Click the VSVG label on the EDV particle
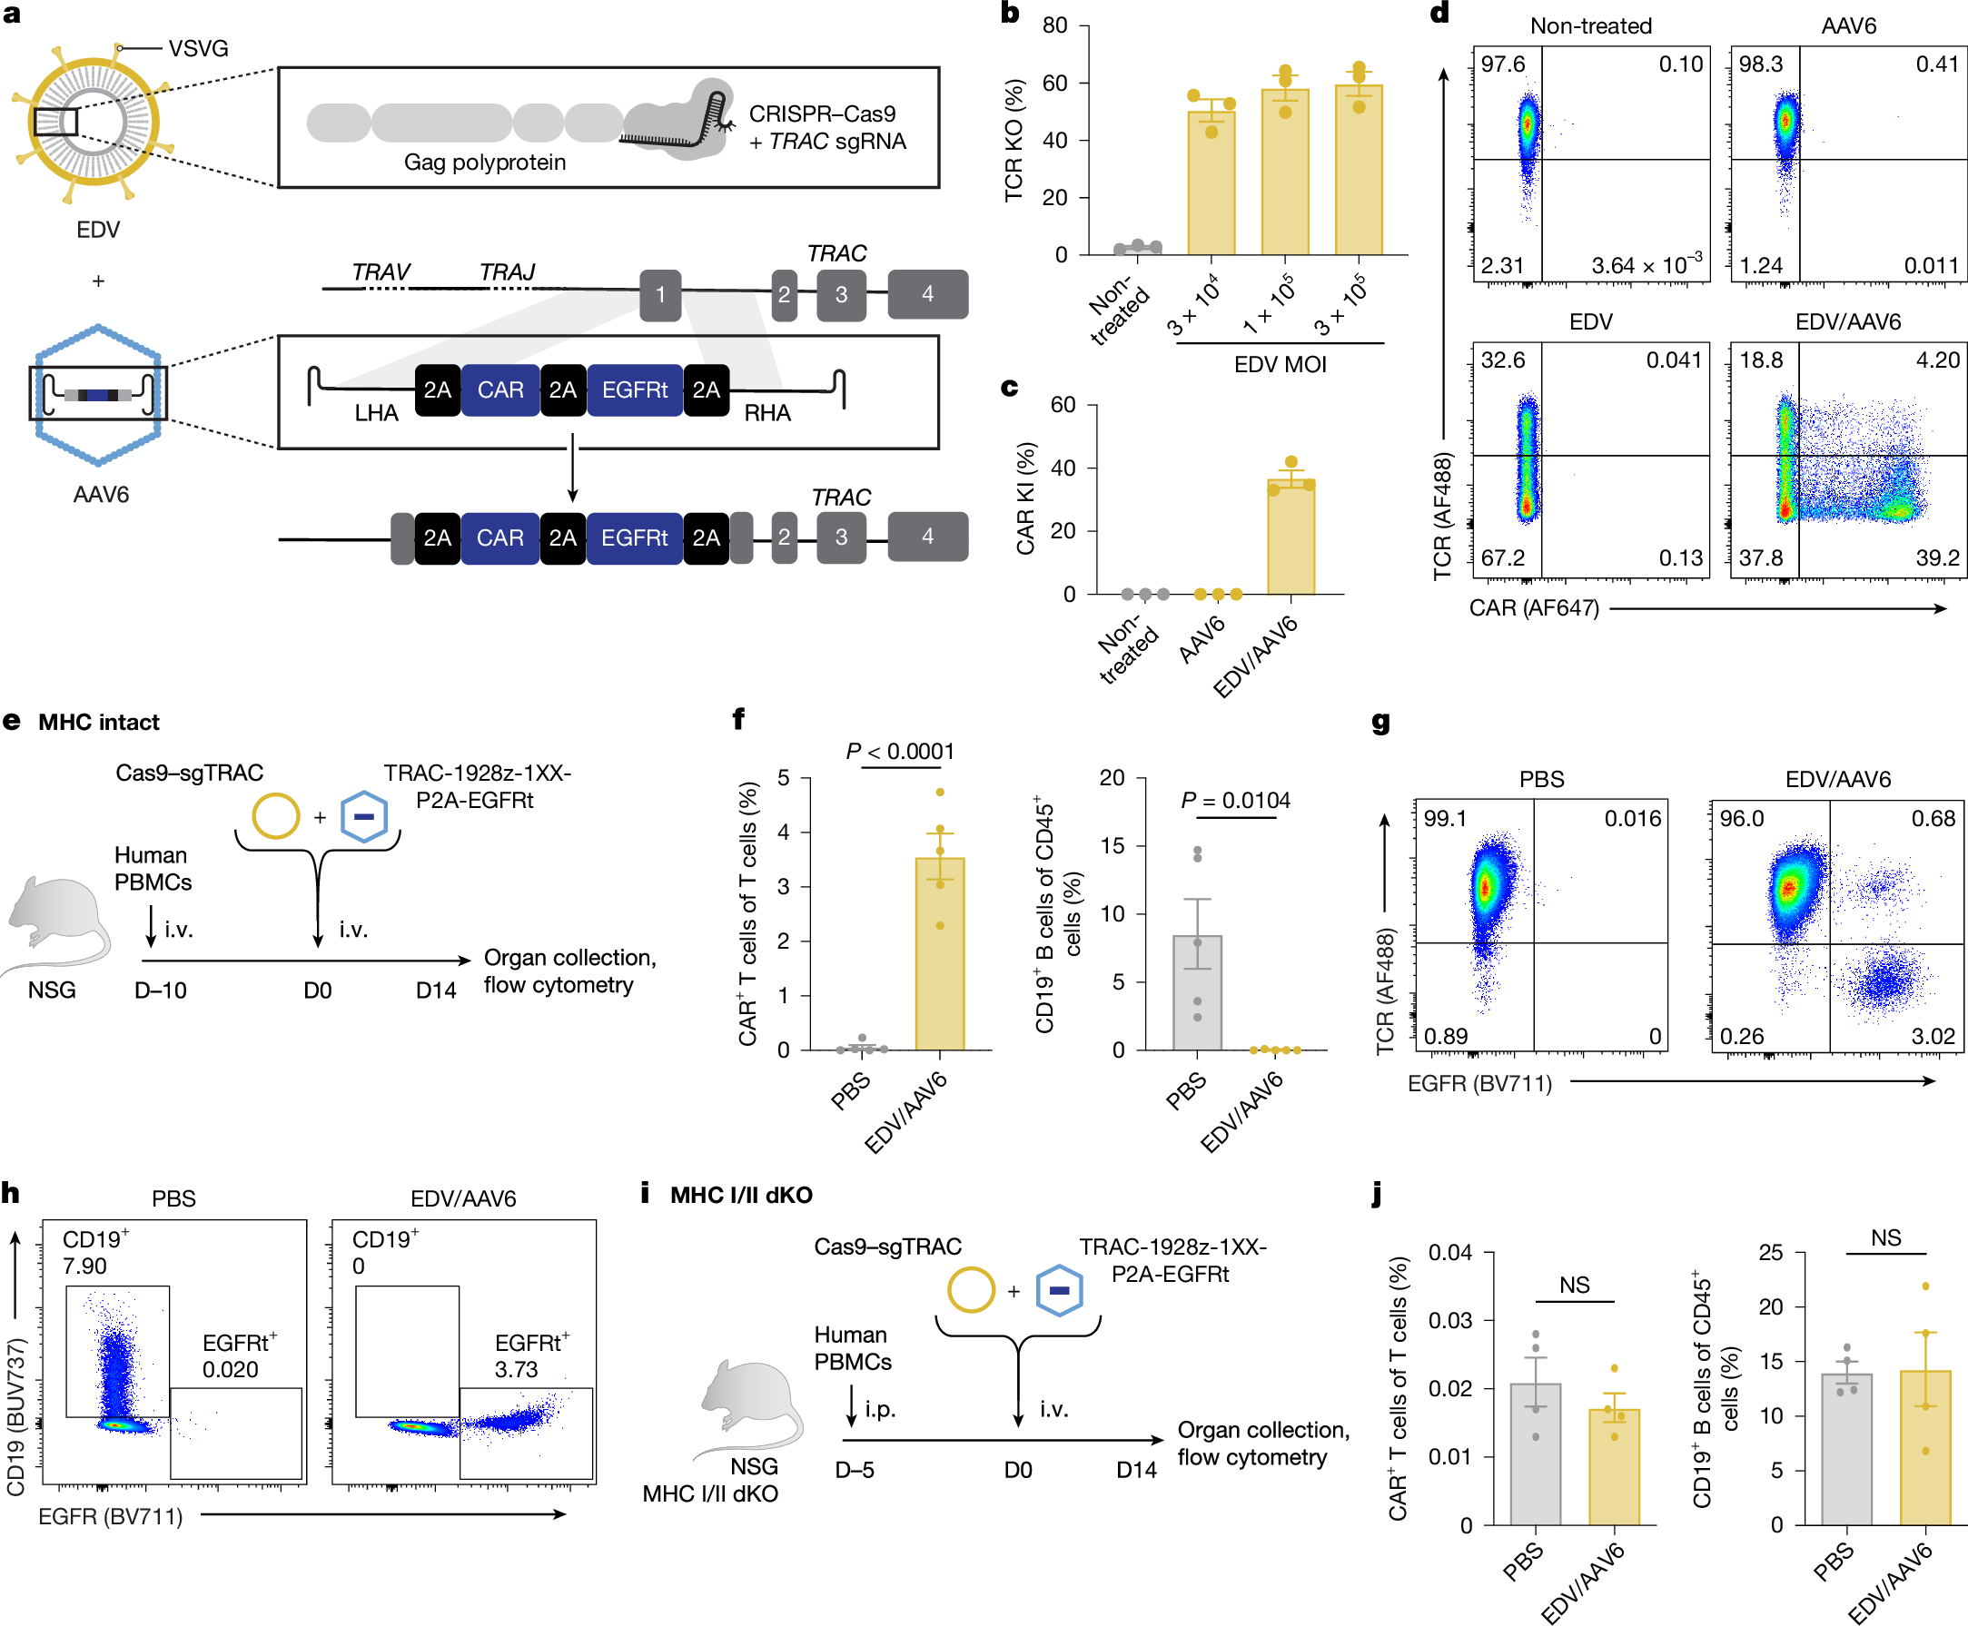pos(198,49)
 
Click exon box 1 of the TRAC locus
pos(660,295)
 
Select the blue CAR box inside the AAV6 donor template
pos(500,389)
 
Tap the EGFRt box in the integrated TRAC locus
pos(634,537)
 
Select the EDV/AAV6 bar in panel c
pos(1291,538)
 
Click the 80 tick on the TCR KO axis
pos(1054,25)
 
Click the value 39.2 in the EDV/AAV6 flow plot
pos(1937,558)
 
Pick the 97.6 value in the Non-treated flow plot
pos(1502,64)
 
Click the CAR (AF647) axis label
pos(1533,608)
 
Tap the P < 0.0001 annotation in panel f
pos(899,751)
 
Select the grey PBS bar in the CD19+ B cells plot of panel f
pos(1197,993)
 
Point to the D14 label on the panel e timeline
pos(436,990)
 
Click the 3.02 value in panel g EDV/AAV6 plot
pos(1933,1036)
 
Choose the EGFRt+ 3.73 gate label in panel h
pos(530,1355)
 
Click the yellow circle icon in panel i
pos(971,1290)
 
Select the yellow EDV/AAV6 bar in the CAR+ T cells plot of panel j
pos(1613,1466)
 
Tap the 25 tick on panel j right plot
pos(1770,1252)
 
